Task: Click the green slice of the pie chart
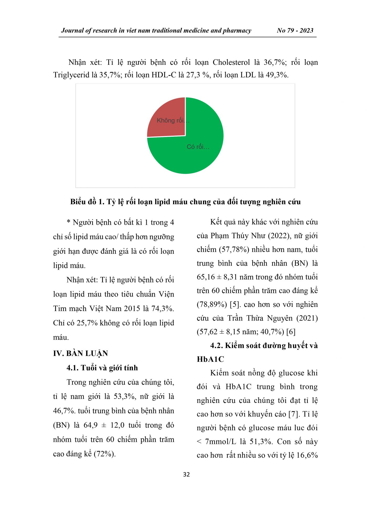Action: (199, 157)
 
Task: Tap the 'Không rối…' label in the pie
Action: (173, 120)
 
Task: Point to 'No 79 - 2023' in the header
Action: (295, 30)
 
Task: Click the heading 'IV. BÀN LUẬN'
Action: (80, 353)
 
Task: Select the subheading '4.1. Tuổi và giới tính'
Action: (102, 368)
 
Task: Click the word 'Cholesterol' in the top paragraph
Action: (231, 62)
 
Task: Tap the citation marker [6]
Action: (291, 332)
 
